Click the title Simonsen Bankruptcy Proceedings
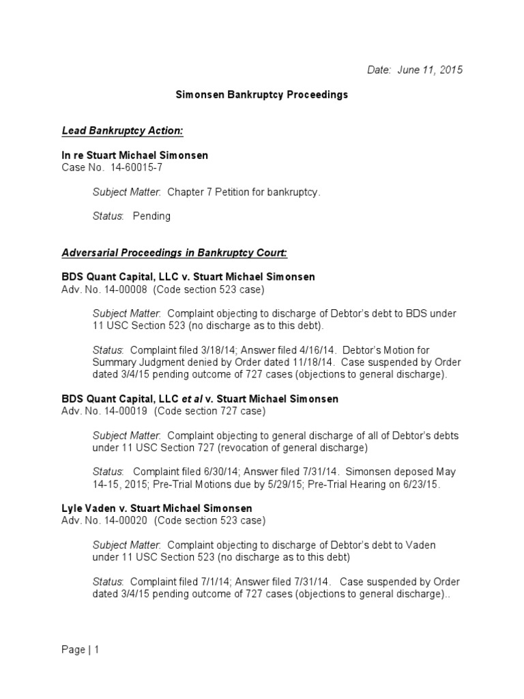262,95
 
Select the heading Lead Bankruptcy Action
123,130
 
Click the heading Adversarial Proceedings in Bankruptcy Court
175,253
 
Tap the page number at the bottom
80,650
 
